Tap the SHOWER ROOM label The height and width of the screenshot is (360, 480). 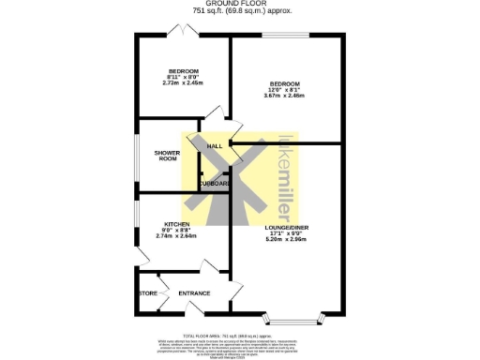167,156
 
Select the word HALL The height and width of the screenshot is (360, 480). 215,147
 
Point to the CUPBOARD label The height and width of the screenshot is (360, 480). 215,184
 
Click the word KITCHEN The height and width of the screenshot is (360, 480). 177,224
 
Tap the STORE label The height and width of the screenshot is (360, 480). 148,293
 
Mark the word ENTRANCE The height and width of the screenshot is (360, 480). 194,293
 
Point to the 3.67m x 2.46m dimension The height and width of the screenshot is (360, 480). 283,95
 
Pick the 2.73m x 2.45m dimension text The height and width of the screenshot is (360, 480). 182,82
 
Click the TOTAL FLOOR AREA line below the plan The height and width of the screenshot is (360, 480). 238,333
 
